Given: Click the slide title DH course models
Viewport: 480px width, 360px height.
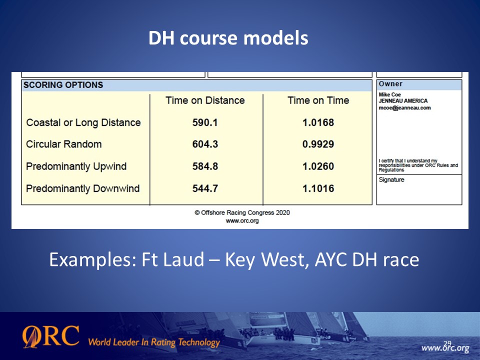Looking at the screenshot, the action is tap(228, 38).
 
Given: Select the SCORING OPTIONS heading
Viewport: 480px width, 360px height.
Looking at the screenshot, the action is tap(63, 85).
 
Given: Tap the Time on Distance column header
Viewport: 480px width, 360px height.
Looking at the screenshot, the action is tap(205, 100).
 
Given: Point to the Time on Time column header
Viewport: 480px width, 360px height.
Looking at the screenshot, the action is tap(318, 100).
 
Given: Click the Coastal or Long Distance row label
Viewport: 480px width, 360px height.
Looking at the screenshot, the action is tap(83, 122).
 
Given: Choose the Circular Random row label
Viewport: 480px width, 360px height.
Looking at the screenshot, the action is tap(63, 144).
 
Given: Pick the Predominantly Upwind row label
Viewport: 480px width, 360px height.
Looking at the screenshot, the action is tap(76, 166).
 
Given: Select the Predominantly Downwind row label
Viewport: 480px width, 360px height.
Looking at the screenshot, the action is tap(82, 188).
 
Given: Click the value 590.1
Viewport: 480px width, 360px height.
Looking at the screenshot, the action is tap(205, 122).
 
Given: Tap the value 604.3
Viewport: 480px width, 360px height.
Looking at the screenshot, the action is tap(205, 144).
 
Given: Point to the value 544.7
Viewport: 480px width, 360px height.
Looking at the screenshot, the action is tap(205, 188).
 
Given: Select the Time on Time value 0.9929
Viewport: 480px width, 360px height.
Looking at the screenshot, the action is tap(318, 144).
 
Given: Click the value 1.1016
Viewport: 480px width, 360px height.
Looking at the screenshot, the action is tap(318, 188).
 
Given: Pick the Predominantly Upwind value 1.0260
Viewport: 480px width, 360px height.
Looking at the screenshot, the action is tap(318, 166).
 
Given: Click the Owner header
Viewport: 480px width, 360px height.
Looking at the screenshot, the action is tap(390, 84).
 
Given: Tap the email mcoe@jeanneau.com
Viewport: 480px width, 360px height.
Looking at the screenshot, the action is tap(404, 108).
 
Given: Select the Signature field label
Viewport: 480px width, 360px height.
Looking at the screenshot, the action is tap(391, 179).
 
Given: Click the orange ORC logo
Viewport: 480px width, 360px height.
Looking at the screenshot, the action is tap(51, 336).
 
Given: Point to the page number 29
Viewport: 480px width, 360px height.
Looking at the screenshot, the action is tap(447, 343).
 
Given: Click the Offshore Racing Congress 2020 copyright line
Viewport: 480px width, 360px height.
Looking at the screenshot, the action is tap(242, 212).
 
